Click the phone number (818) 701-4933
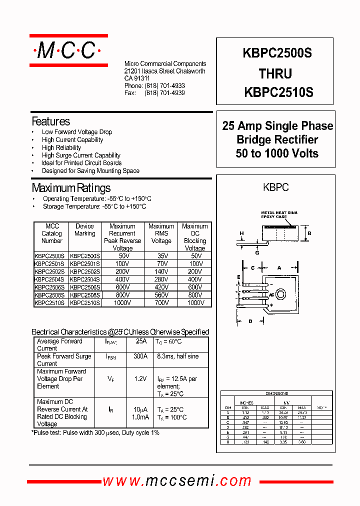tap(164, 86)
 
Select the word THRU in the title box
tap(275, 74)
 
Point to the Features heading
tap(51, 121)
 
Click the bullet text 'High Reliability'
tap(61, 147)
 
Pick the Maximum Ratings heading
tap(71, 188)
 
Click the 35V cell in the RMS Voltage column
tap(161, 255)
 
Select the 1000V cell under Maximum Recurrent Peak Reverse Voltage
tap(122, 302)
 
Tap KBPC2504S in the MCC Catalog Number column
tap(49, 279)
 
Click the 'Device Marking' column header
tap(84, 230)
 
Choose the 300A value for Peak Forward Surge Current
tap(141, 356)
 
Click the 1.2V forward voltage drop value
tap(140, 379)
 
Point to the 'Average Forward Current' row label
tap(59, 344)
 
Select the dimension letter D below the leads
tap(249, 321)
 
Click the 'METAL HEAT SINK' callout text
tap(279, 212)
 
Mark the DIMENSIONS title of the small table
tap(276, 393)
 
